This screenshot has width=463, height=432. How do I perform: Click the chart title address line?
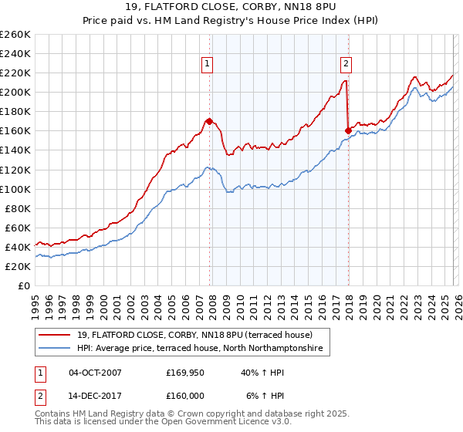point(231,8)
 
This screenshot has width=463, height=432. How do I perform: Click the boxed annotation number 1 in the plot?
point(208,65)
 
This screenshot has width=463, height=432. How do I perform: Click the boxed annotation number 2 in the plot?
point(346,65)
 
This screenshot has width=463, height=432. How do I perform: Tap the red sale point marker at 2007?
point(209,121)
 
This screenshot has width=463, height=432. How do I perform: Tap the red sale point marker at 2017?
point(348,130)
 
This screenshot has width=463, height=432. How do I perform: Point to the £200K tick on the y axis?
point(15,92)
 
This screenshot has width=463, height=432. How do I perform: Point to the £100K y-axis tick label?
point(15,189)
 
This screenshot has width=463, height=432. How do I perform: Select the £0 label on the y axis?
point(23,285)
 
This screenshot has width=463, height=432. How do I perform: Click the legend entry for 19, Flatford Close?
point(194,336)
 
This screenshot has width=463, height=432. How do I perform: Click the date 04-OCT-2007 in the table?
point(95,373)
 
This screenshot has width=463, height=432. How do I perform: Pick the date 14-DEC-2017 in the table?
point(95,396)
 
